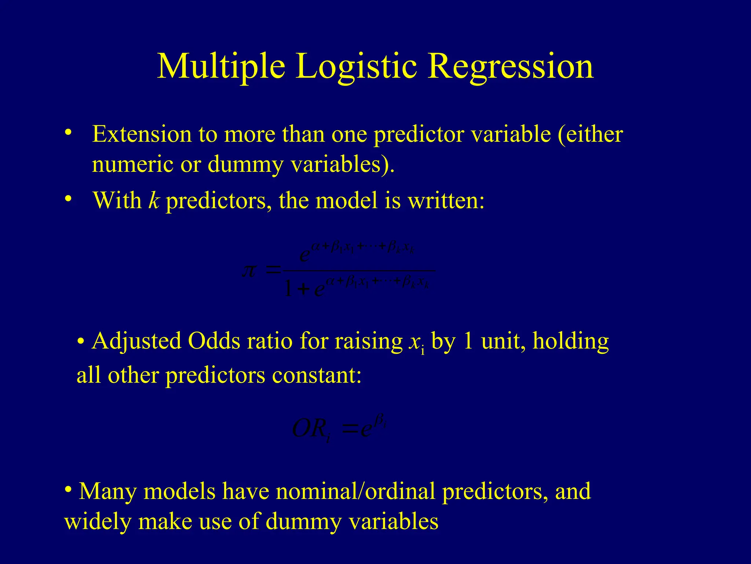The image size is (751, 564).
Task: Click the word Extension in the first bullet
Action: pos(142,134)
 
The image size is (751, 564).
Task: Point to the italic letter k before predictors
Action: pos(153,201)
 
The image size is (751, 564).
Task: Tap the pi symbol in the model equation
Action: pos(249,272)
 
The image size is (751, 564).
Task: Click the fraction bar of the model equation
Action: pos(359,271)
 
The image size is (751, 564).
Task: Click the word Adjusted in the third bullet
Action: pos(136,341)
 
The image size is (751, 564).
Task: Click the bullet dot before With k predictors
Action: pos(67,199)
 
